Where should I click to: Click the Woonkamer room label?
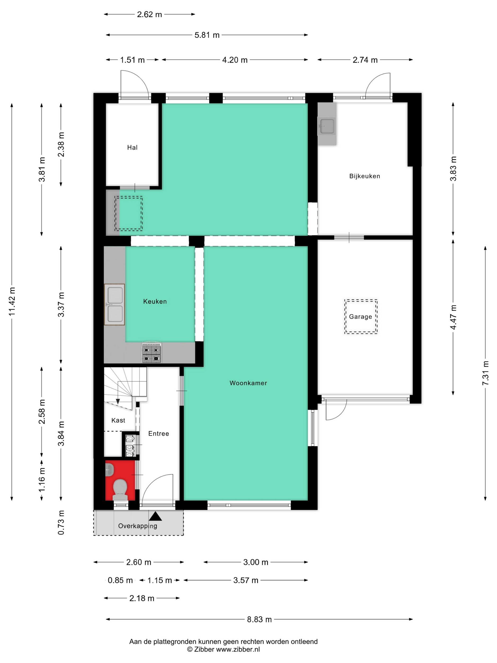[x=248, y=383]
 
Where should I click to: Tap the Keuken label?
[x=155, y=301]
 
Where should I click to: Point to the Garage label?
[x=360, y=317]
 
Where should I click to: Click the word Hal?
[x=132, y=147]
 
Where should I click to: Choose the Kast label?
[x=118, y=420]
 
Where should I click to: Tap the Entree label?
[x=159, y=433]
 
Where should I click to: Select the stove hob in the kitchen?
[x=151, y=354]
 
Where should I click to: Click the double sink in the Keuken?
[x=115, y=304]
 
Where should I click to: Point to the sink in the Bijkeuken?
[x=327, y=126]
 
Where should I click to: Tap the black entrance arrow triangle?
[x=155, y=516]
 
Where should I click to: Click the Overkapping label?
[x=138, y=526]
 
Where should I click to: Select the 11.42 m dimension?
[x=12, y=301]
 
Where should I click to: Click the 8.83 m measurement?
[x=259, y=619]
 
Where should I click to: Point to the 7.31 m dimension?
[x=485, y=373]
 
